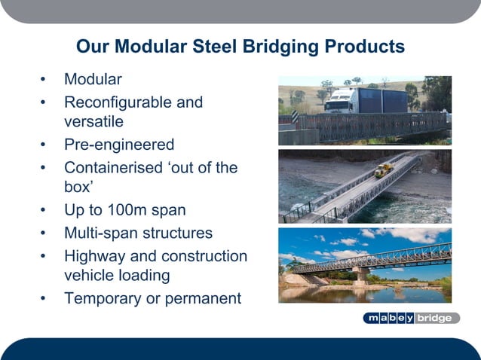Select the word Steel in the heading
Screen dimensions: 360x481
pos(216,47)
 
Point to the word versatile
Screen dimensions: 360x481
pos(93,121)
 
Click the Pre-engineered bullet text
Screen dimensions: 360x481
pos(119,145)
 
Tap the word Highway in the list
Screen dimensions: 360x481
pos(95,256)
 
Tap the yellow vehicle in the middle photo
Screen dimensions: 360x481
pos(385,170)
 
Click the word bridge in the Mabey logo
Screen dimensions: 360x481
pos(434,318)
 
